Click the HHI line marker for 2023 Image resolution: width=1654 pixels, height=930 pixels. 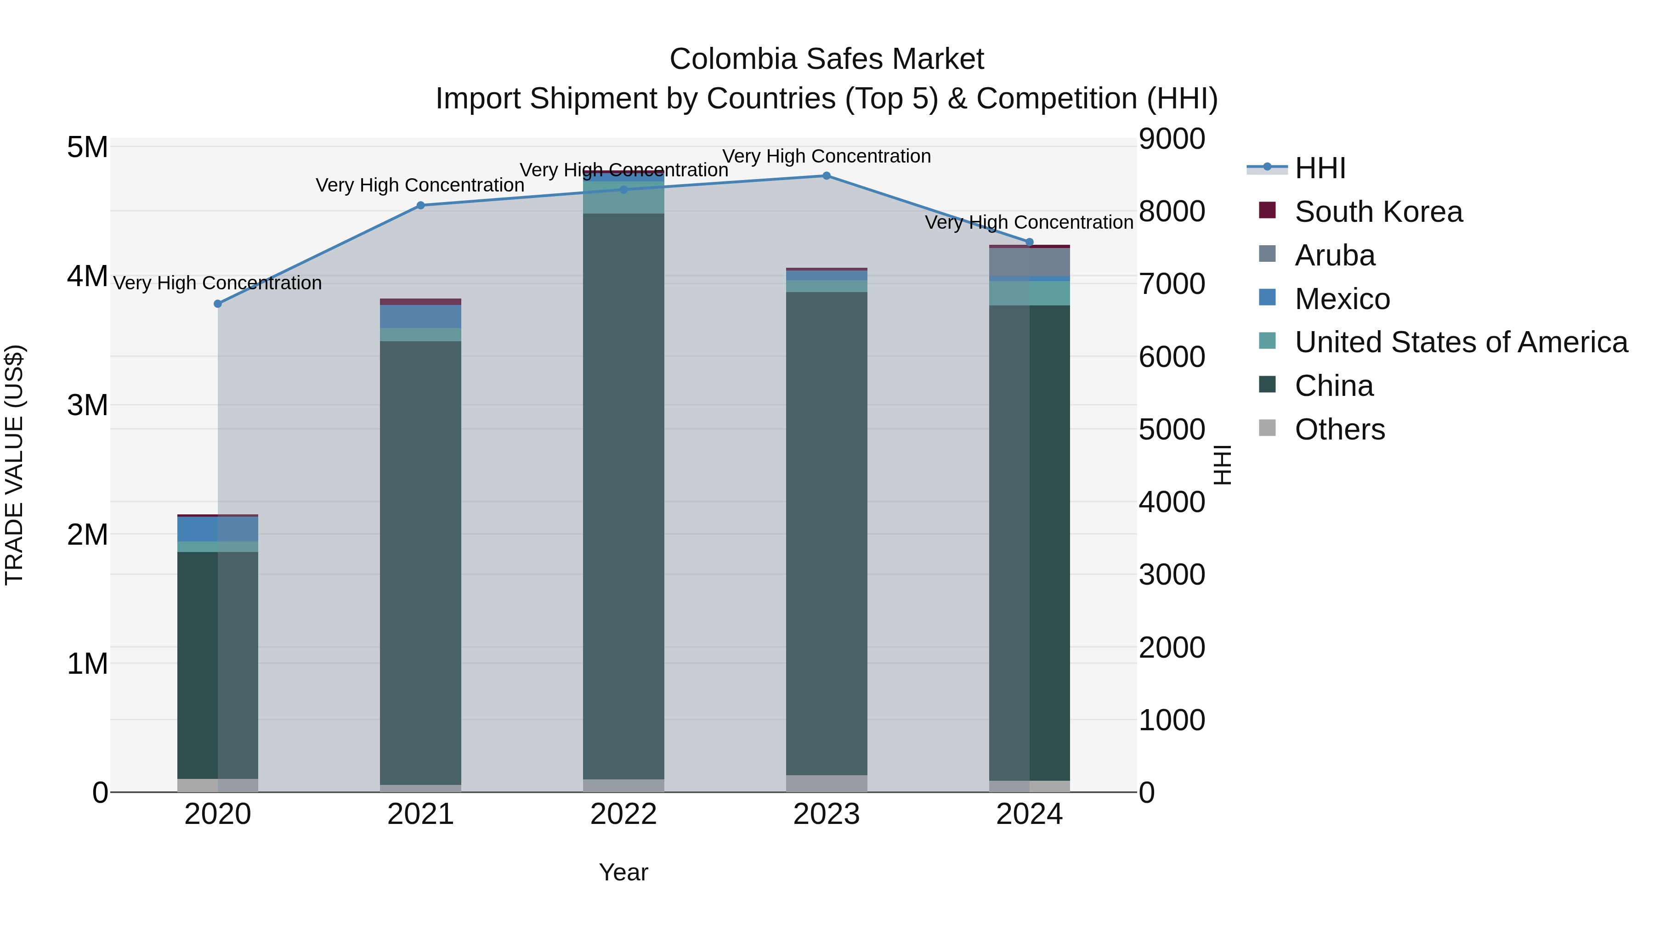point(827,176)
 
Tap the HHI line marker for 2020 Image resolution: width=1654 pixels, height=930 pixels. point(218,304)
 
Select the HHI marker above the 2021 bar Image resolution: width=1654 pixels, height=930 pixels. point(420,205)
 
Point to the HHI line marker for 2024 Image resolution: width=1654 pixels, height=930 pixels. point(1029,242)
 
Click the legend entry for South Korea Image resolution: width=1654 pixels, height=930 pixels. point(1378,212)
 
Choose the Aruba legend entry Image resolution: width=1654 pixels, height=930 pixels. point(1334,255)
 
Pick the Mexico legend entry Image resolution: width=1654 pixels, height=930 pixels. point(1342,299)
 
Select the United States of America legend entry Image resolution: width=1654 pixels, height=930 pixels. point(1461,342)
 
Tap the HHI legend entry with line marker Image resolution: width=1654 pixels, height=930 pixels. point(1320,168)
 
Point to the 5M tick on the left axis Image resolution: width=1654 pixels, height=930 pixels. point(87,147)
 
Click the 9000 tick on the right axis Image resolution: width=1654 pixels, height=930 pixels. point(1172,139)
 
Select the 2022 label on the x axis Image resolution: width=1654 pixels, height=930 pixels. point(623,814)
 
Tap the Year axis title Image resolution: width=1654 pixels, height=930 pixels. point(623,872)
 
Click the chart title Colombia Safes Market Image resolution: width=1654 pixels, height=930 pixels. point(827,59)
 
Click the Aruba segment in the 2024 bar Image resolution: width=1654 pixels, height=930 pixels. point(1029,262)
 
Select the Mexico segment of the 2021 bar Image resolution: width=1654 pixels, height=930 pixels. point(420,316)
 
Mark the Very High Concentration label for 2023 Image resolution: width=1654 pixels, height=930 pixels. point(827,156)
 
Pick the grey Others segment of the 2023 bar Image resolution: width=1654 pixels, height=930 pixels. point(827,783)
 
